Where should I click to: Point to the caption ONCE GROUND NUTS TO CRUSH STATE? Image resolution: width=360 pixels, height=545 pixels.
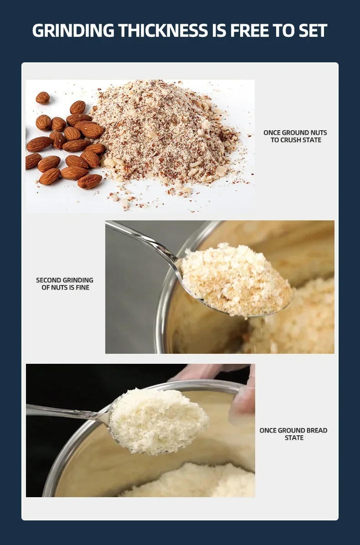[x=295, y=136]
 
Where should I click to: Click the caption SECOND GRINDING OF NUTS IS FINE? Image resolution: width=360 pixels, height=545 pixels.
[x=65, y=284]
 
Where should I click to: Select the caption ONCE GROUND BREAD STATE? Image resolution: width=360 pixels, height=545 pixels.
[x=293, y=434]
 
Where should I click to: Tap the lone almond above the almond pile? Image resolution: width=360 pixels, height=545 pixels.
[x=43, y=97]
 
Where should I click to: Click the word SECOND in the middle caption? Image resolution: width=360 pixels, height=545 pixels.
[x=49, y=280]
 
